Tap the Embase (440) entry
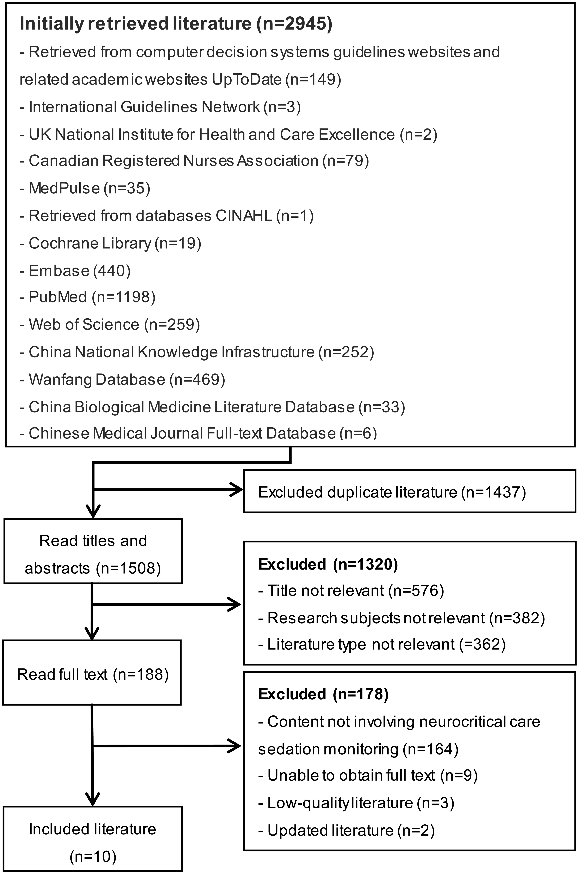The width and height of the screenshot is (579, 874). click(75, 271)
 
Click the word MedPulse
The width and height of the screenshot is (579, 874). click(64, 188)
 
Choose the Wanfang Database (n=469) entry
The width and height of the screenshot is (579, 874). click(123, 380)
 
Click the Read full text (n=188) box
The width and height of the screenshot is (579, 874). click(92, 674)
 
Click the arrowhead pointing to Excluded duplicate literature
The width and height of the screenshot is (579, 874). click(236, 490)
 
